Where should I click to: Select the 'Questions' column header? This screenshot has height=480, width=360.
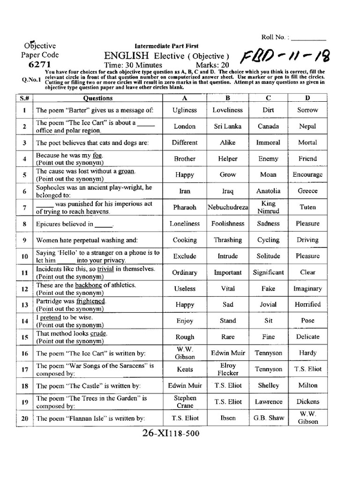coord(97,98)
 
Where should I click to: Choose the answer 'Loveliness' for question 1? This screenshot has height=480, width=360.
coord(228,110)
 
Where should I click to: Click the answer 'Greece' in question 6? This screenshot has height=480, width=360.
coord(307,191)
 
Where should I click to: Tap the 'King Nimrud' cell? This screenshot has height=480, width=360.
coord(269,207)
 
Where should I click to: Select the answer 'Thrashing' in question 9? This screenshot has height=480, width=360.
coord(228,240)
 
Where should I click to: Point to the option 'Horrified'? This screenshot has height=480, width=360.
coord(308,304)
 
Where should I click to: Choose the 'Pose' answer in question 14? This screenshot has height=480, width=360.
coord(307,321)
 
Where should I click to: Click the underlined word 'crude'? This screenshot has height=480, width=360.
coord(98,333)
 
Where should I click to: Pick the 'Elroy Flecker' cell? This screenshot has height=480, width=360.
coord(228,369)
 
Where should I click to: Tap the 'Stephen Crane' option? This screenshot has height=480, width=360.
coord(185,402)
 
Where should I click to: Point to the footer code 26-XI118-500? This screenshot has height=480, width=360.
coord(171,434)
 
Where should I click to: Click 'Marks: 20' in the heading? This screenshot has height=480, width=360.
coord(213,65)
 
